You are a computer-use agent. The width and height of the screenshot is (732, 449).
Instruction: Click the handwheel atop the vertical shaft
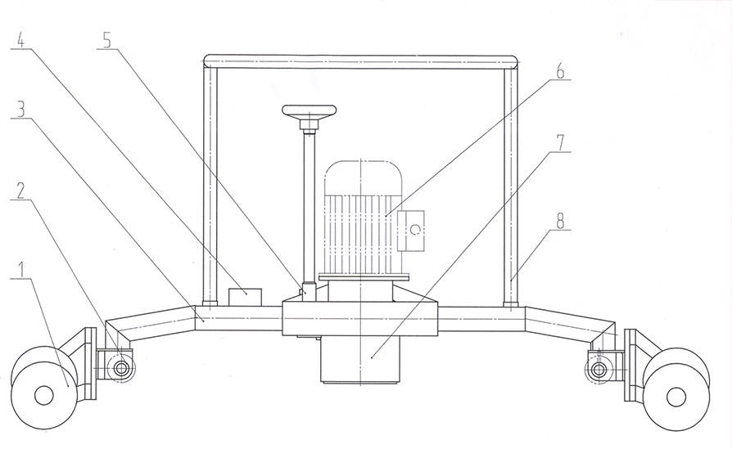pyautogui.click(x=310, y=111)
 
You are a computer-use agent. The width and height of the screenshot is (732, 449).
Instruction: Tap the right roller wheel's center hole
pyautogui.click(x=676, y=397)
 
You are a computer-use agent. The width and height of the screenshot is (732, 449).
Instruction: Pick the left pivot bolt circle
pyautogui.click(x=121, y=370)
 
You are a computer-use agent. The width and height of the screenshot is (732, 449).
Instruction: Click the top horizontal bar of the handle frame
pyautogui.click(x=360, y=61)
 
